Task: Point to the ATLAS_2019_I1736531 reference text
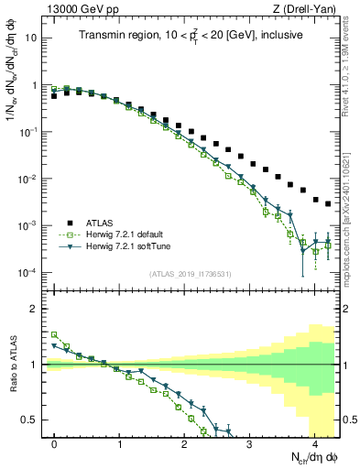tap(189, 275)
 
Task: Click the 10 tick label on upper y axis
tap(32, 38)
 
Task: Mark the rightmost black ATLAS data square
tap(328, 204)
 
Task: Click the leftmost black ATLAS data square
tap(55, 95)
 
